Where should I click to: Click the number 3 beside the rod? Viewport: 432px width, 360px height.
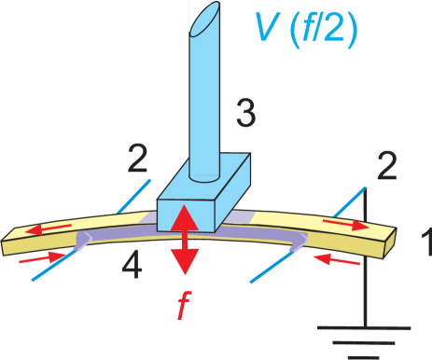point(245,115)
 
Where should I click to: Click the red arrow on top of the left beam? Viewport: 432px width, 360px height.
point(48,228)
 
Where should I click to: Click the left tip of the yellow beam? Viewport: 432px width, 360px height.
point(7,244)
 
